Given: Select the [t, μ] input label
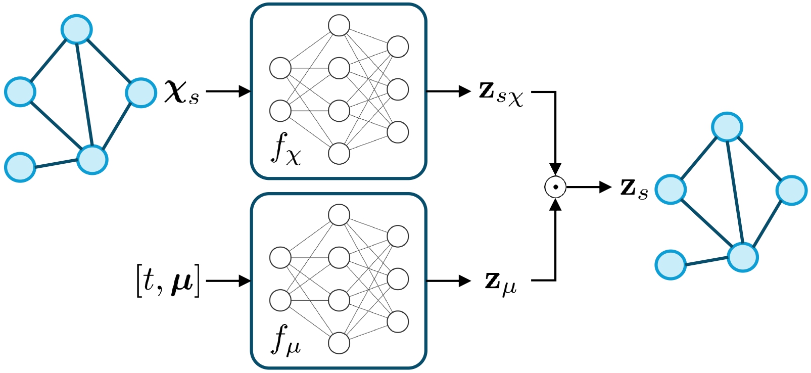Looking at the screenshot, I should click(168, 281).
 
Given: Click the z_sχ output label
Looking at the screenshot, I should click(501, 93).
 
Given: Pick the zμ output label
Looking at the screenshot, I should click(501, 282).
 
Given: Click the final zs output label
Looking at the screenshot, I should click(634, 188).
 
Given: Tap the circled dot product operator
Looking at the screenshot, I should click(555, 187).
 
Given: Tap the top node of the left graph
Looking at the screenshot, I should click(76, 29).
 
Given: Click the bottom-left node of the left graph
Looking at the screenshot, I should click(20, 167).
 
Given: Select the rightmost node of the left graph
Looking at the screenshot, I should click(141, 92).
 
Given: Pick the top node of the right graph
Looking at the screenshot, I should click(727, 126).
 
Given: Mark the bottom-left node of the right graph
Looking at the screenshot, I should click(671, 264).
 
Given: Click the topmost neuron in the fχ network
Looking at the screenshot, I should click(339, 25).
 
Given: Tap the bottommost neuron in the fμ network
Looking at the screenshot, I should click(339, 343).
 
